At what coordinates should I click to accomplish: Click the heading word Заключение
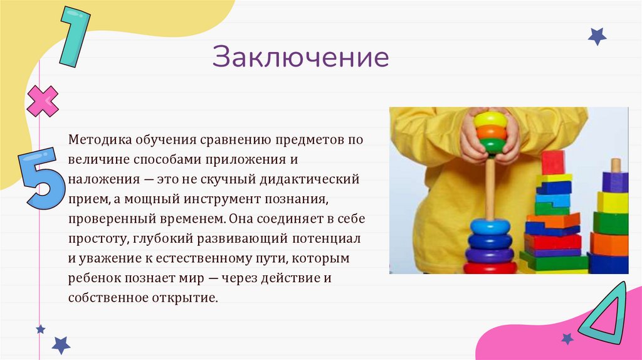coord(300,57)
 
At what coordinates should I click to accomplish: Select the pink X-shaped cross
coord(43,101)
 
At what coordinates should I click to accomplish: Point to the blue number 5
coord(43,176)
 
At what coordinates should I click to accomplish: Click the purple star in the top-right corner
coord(597,36)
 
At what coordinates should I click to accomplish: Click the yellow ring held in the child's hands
coord(490,119)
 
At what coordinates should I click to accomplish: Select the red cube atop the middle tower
coord(553,162)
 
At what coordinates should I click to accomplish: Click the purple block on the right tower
coord(614,182)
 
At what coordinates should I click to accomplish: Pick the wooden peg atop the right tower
coord(616,165)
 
